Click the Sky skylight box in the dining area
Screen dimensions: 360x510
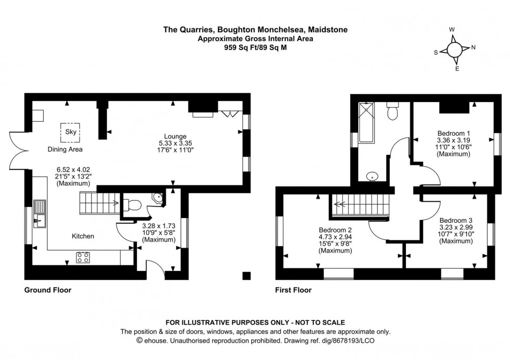(70, 133)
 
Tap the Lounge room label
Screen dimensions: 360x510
(173, 136)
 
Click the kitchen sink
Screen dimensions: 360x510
(39, 214)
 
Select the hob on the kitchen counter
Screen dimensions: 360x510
(83, 256)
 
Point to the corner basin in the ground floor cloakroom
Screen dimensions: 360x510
(158, 198)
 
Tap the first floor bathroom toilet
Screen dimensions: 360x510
(393, 110)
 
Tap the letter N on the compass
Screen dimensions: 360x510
(474, 47)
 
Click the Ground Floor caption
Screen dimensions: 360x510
(48, 290)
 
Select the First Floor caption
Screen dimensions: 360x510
(294, 290)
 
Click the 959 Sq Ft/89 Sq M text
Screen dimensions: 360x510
(254, 47)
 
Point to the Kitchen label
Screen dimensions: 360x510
(83, 236)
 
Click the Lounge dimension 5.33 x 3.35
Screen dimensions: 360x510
(173, 143)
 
